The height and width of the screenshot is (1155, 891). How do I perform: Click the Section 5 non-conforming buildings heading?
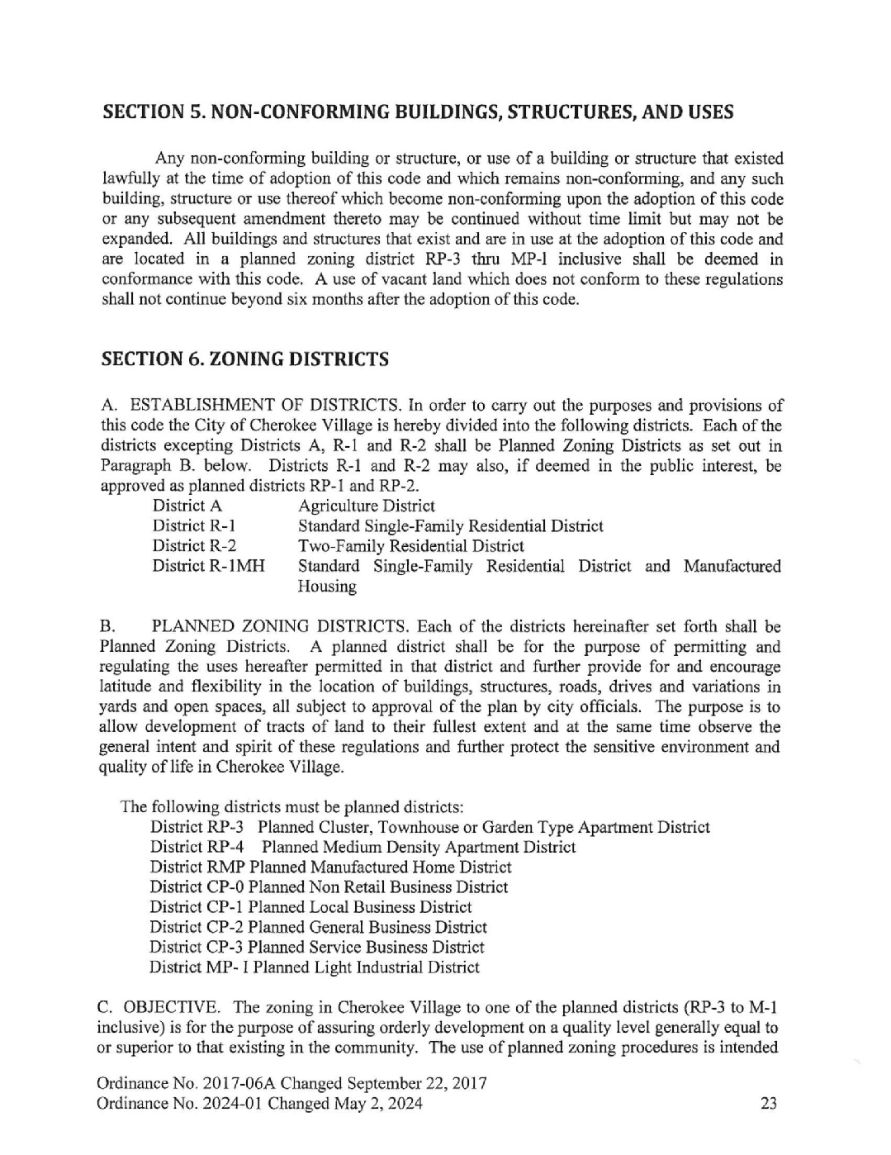[x=417, y=112]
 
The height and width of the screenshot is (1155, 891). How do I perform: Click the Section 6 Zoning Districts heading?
[x=244, y=359]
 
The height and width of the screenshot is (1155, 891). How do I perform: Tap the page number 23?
[x=768, y=1104]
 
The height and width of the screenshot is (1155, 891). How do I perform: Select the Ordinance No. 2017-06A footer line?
[x=291, y=1083]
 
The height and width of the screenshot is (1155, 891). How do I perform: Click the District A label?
[x=187, y=506]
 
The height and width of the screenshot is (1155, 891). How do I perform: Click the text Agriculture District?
[x=366, y=506]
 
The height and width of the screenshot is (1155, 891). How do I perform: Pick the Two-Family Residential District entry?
[x=410, y=546]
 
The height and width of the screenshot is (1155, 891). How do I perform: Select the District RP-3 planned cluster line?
[x=429, y=827]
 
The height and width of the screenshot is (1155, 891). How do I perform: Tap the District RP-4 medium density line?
[x=363, y=847]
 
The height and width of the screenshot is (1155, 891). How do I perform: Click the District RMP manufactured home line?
[x=330, y=867]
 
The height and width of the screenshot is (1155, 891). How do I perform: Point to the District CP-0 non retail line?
[x=329, y=887]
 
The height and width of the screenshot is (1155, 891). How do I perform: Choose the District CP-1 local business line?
[x=310, y=907]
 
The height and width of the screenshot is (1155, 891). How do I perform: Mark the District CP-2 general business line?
[x=318, y=927]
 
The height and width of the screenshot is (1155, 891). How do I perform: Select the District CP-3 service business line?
[x=317, y=948]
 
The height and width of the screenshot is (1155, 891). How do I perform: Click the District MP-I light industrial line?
[x=315, y=967]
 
